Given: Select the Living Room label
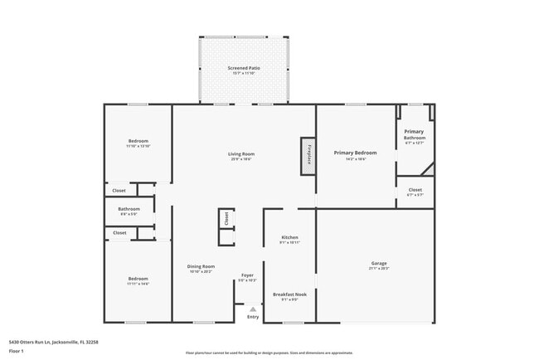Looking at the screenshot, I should pyautogui.click(x=241, y=153).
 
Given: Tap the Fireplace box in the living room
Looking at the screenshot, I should pyautogui.click(x=308, y=155).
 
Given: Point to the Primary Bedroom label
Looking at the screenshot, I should pyautogui.click(x=355, y=153).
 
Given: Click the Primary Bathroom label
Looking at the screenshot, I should pyautogui.click(x=414, y=134).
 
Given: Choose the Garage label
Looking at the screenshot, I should pyautogui.click(x=378, y=264).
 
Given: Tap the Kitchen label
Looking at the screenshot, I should pyautogui.click(x=289, y=237).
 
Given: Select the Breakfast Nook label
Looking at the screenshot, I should pyautogui.click(x=289, y=294).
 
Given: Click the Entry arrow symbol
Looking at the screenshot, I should pyautogui.click(x=253, y=309).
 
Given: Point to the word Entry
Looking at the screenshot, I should pyautogui.click(x=253, y=317).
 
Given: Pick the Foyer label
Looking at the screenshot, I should pyautogui.click(x=247, y=275).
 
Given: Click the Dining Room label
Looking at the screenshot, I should pyautogui.click(x=201, y=266).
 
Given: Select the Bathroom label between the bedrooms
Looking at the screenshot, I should pyautogui.click(x=129, y=209).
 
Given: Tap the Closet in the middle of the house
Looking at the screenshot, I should pyautogui.click(x=225, y=218).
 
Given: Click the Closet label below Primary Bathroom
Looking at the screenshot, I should pyautogui.click(x=415, y=190).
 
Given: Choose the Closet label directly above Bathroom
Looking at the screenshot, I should pyautogui.click(x=119, y=191).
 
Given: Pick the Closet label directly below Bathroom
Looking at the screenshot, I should pyautogui.click(x=119, y=233).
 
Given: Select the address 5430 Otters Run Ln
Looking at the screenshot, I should pyautogui.click(x=33, y=341).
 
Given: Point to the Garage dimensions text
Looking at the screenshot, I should pyautogui.click(x=378, y=269).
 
